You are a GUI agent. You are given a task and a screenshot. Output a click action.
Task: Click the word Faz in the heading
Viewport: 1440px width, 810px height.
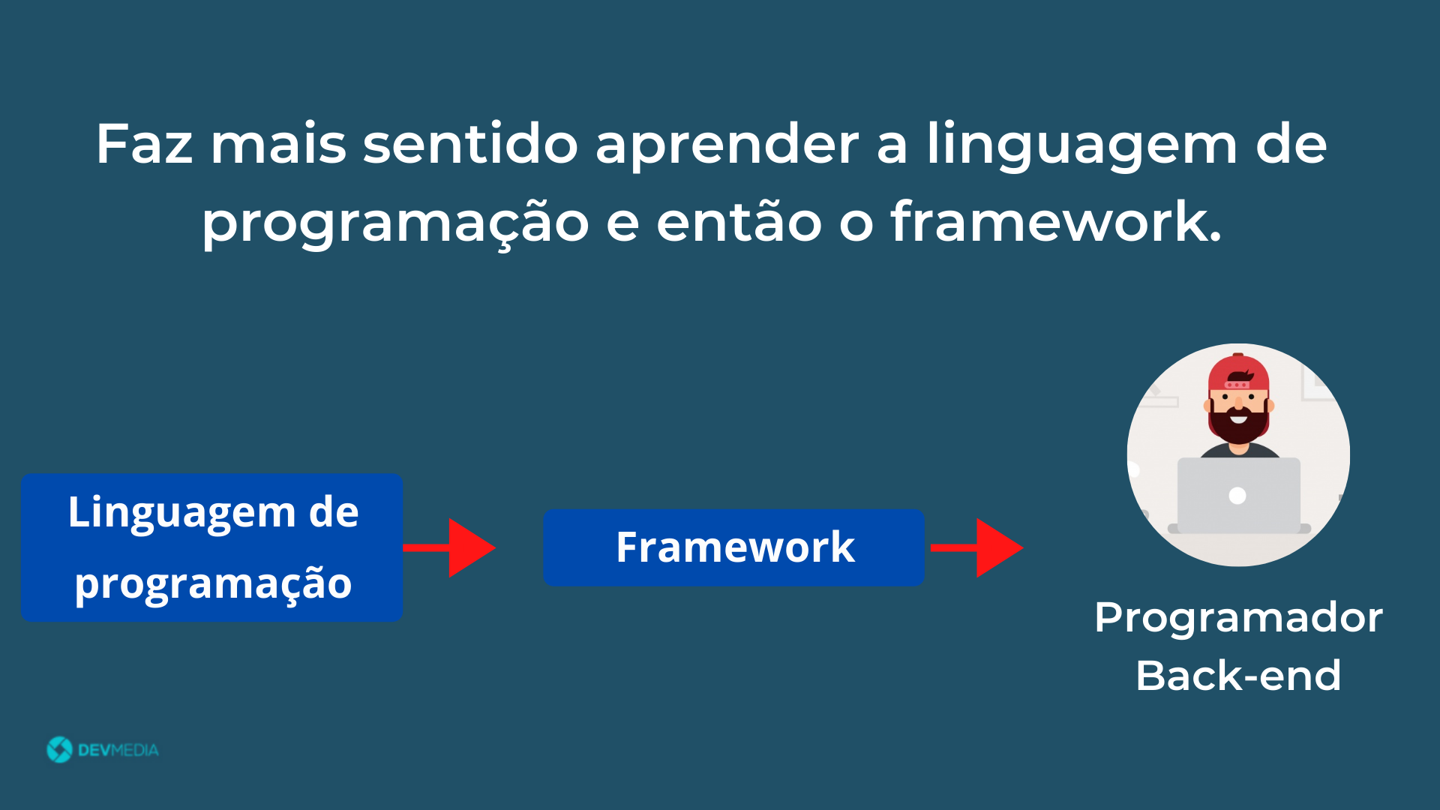pyautogui.click(x=145, y=143)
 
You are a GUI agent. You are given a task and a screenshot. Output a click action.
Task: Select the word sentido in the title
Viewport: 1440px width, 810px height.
pyautogui.click(x=470, y=143)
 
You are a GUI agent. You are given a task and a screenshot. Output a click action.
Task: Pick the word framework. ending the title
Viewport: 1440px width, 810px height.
pyautogui.click(x=1056, y=220)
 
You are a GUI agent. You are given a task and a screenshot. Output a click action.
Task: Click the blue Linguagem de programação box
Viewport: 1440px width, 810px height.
pyautogui.click(x=212, y=547)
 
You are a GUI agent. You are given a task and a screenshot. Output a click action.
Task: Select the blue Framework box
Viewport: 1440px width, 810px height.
pyautogui.click(x=733, y=547)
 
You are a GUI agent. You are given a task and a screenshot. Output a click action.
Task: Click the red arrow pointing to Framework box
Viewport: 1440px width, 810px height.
pyautogui.click(x=449, y=547)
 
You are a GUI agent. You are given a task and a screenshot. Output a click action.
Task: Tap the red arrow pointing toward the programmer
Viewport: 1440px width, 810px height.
pyautogui.click(x=976, y=547)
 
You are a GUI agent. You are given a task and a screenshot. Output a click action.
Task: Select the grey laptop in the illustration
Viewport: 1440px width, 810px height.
pyautogui.click(x=1238, y=496)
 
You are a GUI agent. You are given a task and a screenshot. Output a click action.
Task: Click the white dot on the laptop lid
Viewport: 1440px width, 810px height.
pyautogui.click(x=1237, y=496)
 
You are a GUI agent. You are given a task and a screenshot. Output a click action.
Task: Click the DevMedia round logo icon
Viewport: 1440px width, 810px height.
pyautogui.click(x=59, y=749)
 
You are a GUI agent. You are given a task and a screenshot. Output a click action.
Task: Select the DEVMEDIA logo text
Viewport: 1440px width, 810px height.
pyautogui.click(x=118, y=750)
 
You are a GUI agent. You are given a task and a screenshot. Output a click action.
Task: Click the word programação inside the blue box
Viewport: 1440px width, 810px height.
pyautogui.click(x=213, y=585)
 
